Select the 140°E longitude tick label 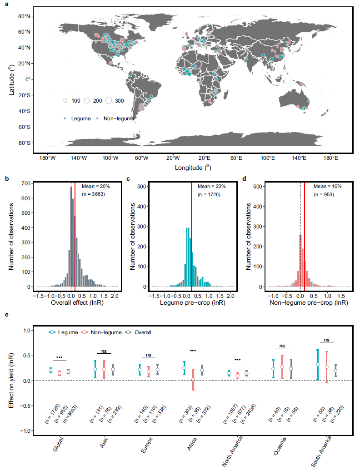pos(299,158)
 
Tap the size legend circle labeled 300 pos(109,100)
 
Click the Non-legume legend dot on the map pos(97,119)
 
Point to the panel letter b pos(7,178)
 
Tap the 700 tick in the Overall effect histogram pos(27,183)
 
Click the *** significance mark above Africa pos(193,351)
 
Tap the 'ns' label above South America pos(326,340)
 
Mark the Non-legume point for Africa pos(193,380)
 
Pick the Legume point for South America pos(317,364)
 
